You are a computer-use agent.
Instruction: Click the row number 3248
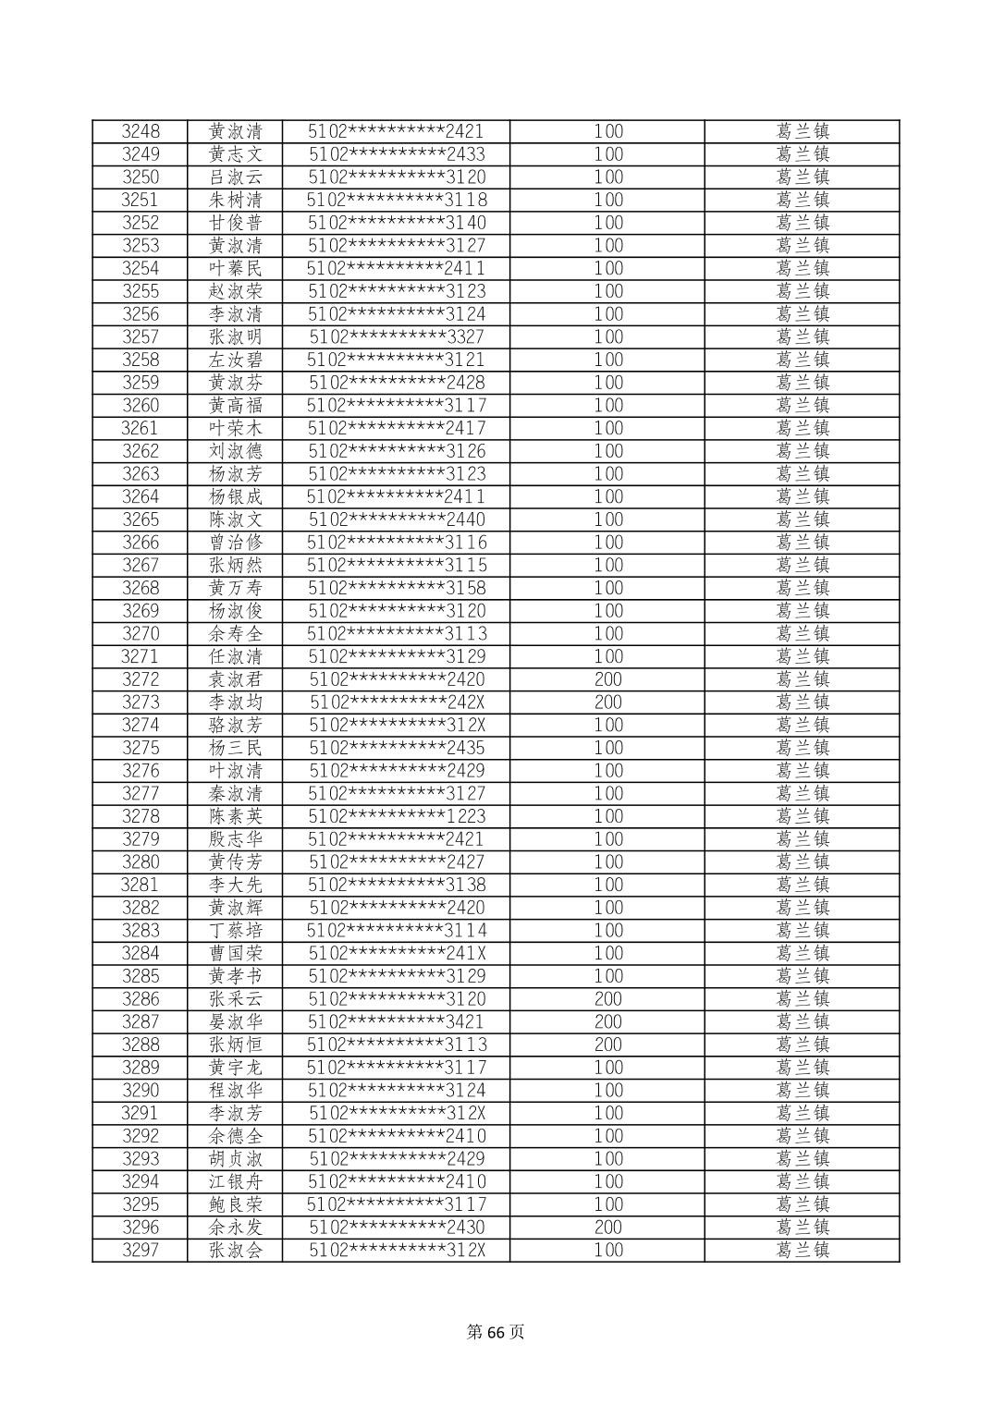141,131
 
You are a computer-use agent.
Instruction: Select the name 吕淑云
236,177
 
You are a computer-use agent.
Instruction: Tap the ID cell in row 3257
396,336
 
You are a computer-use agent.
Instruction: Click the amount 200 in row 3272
607,679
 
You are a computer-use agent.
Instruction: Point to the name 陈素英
236,816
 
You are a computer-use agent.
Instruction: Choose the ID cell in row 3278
396,816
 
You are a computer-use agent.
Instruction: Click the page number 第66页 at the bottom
496,1332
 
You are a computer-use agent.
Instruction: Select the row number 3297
141,1250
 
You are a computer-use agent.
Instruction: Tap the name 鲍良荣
236,1204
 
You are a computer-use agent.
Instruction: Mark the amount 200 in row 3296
607,1228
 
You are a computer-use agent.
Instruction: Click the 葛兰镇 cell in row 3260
803,405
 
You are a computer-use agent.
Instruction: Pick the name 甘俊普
236,223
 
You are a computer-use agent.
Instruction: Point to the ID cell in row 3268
396,588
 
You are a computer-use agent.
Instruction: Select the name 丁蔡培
236,930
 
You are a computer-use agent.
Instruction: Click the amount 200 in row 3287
607,1021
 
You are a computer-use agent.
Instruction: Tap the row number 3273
141,702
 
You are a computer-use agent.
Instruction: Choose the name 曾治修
236,543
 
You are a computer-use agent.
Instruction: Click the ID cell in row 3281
396,885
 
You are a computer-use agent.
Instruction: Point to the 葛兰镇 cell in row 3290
803,1090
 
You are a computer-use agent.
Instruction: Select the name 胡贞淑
236,1159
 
